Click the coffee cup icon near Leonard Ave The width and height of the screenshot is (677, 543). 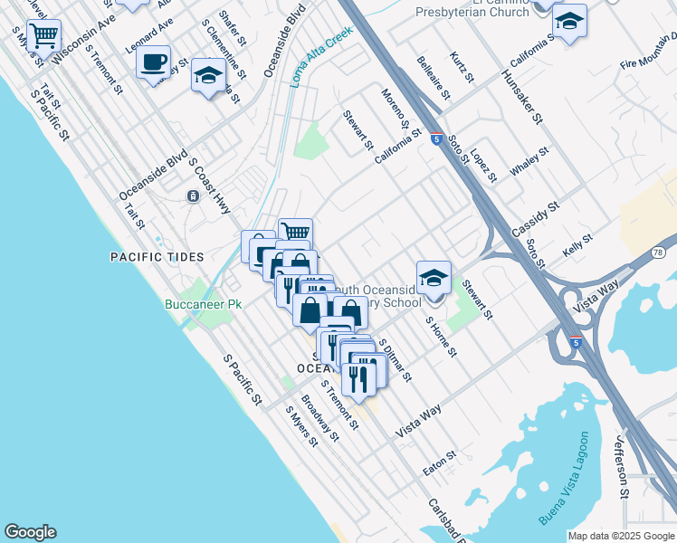click(153, 62)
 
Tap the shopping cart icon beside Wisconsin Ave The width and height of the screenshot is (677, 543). click(43, 37)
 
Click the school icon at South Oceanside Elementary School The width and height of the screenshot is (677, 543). click(434, 277)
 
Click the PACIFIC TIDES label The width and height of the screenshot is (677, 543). click(157, 257)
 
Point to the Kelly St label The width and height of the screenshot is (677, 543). click(577, 244)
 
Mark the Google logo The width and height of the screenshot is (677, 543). click(30, 532)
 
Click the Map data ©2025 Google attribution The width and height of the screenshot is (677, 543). click(620, 536)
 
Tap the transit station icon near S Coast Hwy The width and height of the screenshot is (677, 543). click(193, 196)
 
